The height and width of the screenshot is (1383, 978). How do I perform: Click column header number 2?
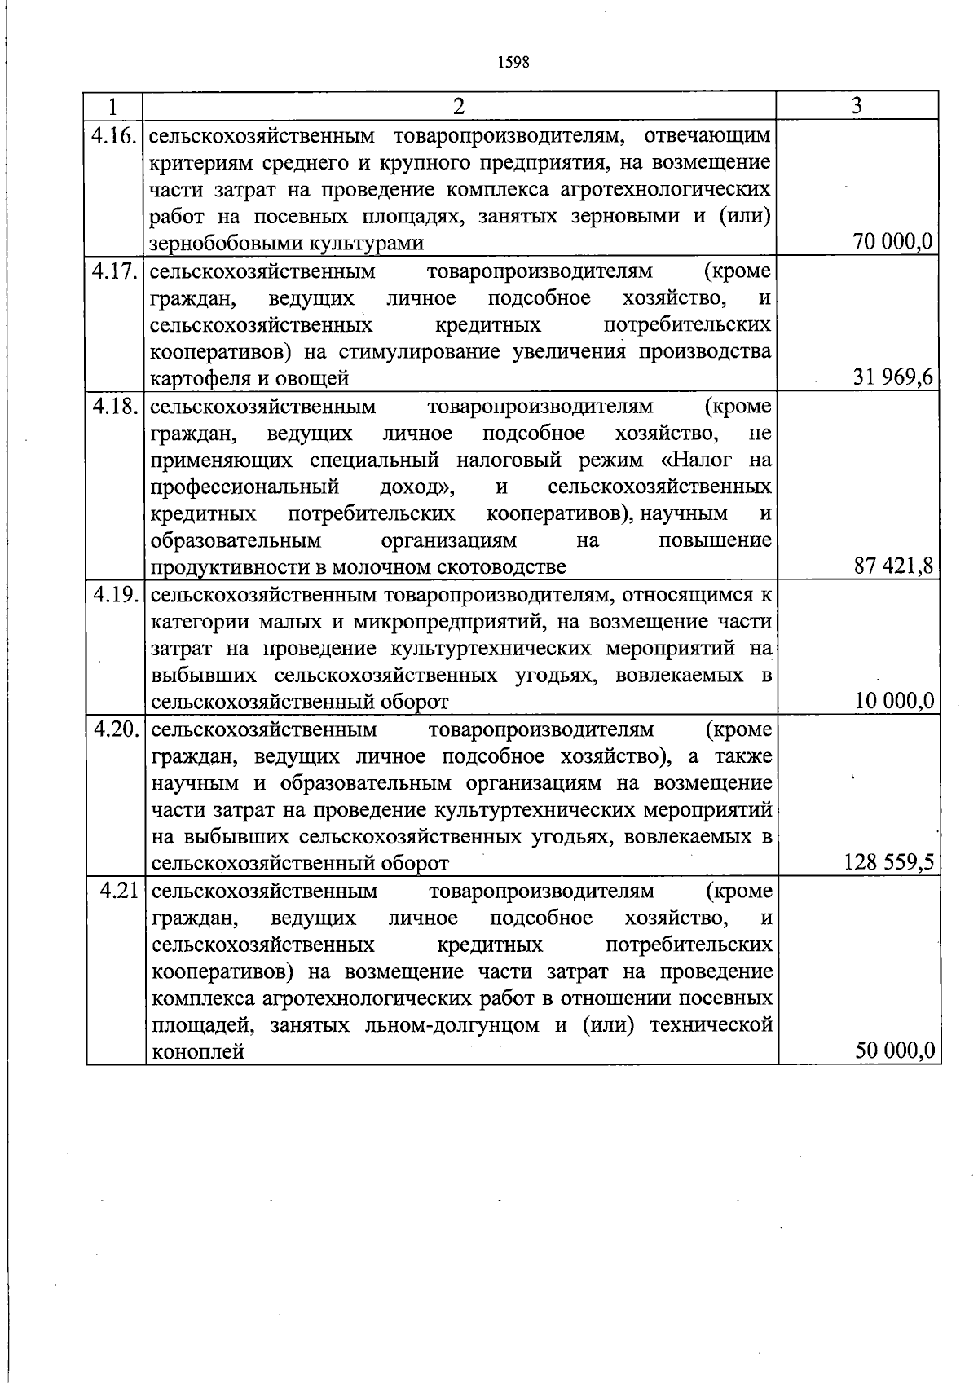click(460, 106)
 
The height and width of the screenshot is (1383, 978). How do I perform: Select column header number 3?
click(857, 106)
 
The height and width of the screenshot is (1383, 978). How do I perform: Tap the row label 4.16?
click(114, 134)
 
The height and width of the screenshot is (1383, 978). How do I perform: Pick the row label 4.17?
click(114, 271)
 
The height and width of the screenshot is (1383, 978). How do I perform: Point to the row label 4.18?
click(114, 406)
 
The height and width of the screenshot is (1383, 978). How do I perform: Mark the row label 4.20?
click(114, 729)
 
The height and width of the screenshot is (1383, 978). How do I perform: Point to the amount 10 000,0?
click(893, 701)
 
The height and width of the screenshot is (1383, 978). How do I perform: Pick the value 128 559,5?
click(888, 862)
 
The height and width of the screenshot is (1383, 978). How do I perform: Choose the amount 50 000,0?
click(893, 1051)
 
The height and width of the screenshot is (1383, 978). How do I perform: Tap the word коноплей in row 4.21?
click(198, 1052)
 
